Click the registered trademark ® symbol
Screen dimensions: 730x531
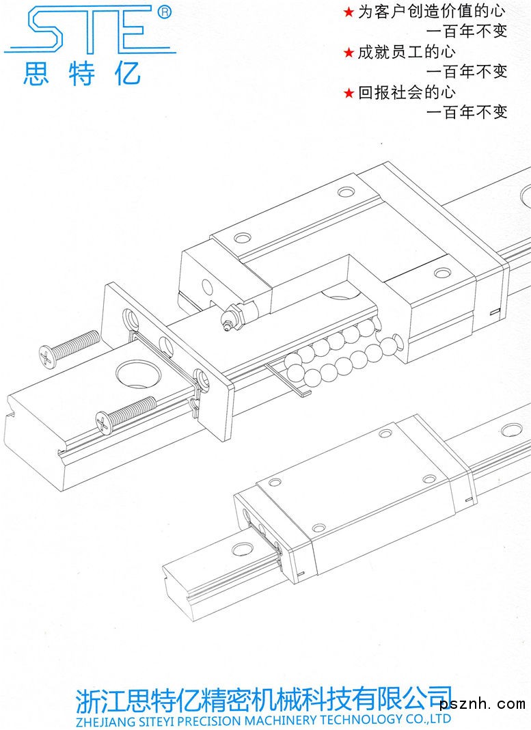coord(165,12)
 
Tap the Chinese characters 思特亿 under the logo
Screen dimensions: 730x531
coord(82,73)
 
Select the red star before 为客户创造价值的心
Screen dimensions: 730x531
coord(349,12)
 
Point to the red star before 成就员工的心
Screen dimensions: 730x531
coord(349,53)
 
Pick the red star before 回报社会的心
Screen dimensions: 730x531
coord(349,93)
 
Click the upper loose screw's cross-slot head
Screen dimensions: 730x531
coord(47,355)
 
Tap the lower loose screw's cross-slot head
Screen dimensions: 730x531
coord(104,422)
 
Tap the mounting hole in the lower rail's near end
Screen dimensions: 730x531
coord(243,548)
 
